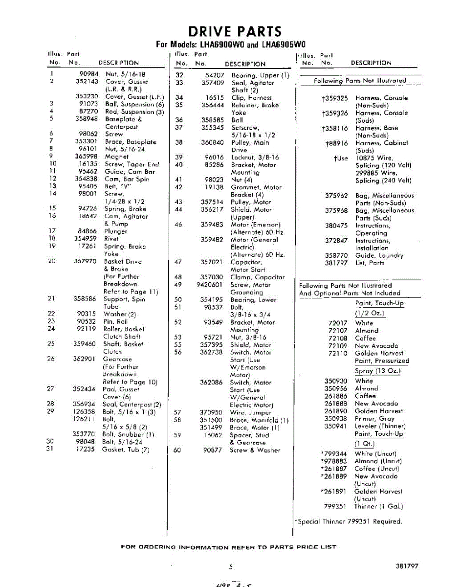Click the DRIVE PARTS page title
coord(235,32)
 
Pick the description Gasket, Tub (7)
coord(126,450)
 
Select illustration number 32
coord(179,75)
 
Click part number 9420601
coord(212,285)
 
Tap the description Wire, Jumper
coord(250,412)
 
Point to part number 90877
coord(213,450)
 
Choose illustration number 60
coord(177,450)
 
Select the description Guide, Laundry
coord(379,255)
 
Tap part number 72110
coord(338,353)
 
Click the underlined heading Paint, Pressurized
coord(382,361)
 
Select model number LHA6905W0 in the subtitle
coord(283,45)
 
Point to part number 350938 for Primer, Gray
coord(336,419)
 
